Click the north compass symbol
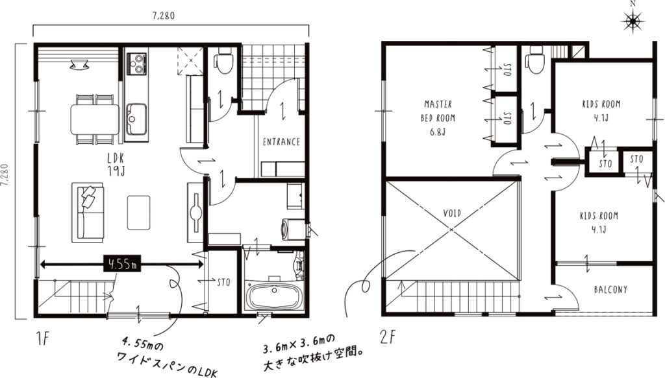pyautogui.click(x=633, y=19)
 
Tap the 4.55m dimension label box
pyautogui.click(x=122, y=265)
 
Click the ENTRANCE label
pyautogui.click(x=281, y=142)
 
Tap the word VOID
pyautogui.click(x=452, y=213)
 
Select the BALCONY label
pyautogui.click(x=610, y=290)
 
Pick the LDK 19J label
pyautogui.click(x=116, y=164)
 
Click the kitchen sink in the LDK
pyautogui.click(x=136, y=119)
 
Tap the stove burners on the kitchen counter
pyautogui.click(x=136, y=64)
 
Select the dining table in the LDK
pyautogui.click(x=95, y=119)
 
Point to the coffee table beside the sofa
pyautogui.click(x=139, y=213)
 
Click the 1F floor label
pyautogui.click(x=44, y=338)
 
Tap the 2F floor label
pyautogui.click(x=388, y=338)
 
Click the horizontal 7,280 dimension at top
pyautogui.click(x=163, y=16)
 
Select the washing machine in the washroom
pyautogui.click(x=294, y=230)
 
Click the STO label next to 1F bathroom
pyautogui.click(x=223, y=282)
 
